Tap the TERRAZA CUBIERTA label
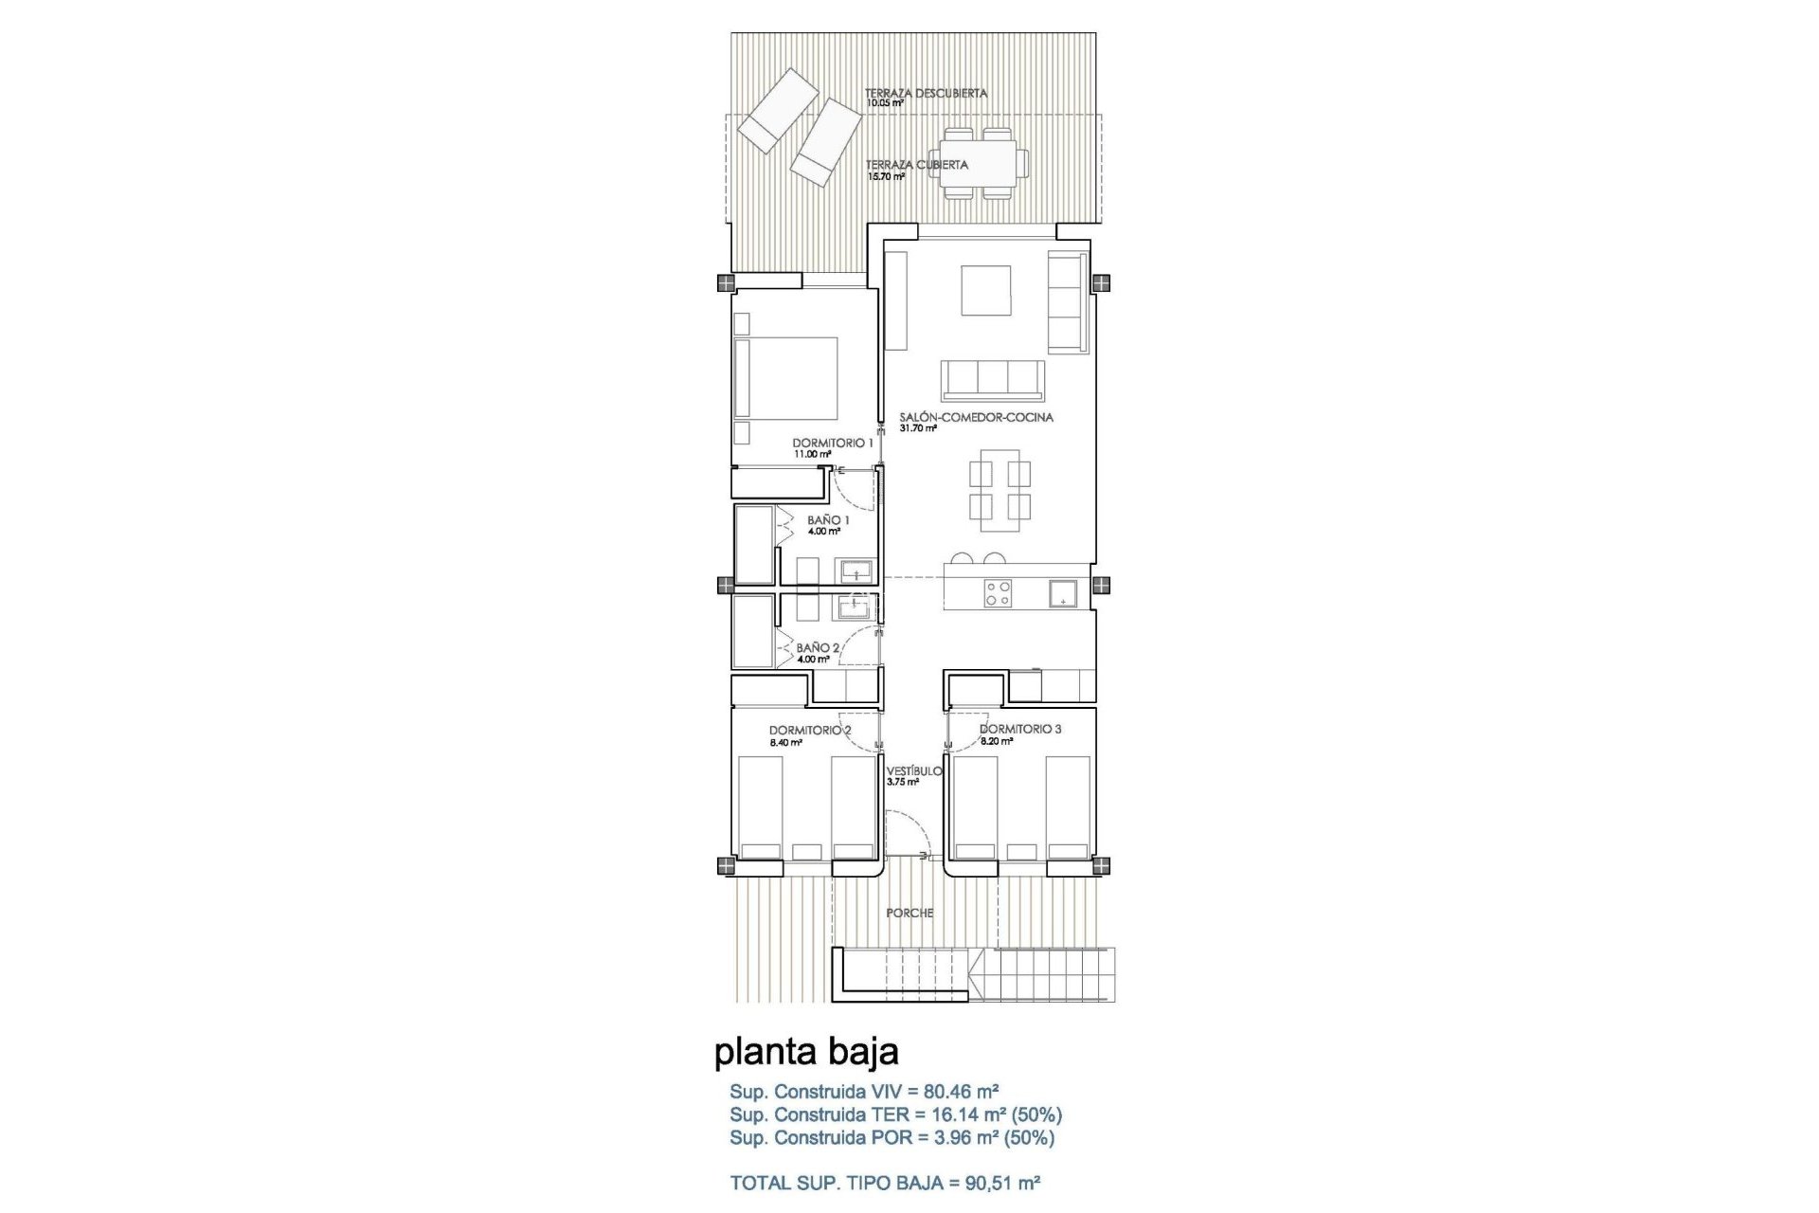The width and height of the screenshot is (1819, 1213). pos(916,165)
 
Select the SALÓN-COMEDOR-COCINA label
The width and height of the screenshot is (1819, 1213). pos(976,417)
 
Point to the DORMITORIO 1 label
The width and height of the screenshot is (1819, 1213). pos(833,443)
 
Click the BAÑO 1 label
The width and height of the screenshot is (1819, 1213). pos(828,520)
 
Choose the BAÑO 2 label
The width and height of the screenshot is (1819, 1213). pos(818,648)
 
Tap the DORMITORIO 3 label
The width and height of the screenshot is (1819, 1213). pos(1020,729)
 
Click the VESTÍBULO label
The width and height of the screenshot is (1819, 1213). pos(914,770)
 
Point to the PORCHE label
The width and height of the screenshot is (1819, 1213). pos(909,913)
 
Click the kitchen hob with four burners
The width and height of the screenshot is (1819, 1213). pos(998,593)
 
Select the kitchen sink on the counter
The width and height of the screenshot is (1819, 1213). pos(1062,593)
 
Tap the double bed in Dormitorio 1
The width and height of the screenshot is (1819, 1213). pos(787,391)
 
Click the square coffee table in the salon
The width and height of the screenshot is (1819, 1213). pos(985,290)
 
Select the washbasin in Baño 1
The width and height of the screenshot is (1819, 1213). pos(193,570)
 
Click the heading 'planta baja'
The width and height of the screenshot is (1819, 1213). pos(806,1051)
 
